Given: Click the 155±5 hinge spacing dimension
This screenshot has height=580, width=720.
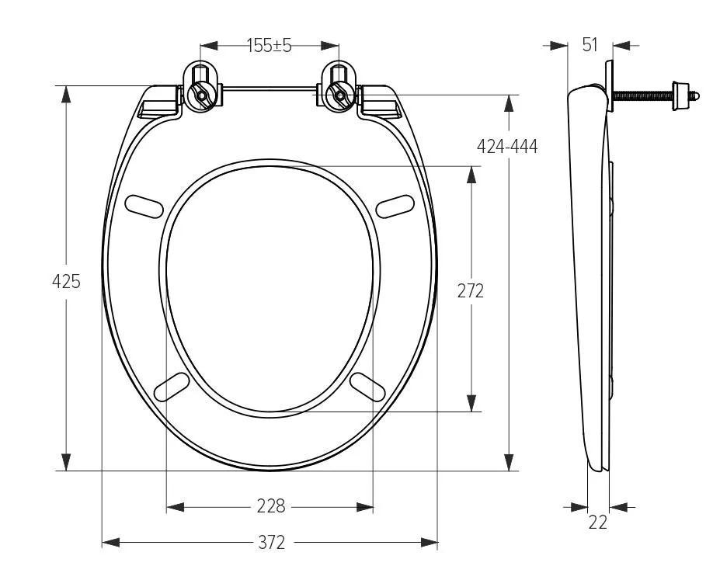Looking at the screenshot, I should click(x=270, y=46).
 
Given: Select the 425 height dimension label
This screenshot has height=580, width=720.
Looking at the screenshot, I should click(x=66, y=282).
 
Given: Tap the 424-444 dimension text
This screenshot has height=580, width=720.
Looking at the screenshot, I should click(x=507, y=147).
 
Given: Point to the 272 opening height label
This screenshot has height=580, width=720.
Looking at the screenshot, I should click(x=470, y=290).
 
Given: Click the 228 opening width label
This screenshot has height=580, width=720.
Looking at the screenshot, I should click(x=271, y=507).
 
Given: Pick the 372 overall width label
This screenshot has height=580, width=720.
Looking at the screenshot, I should click(x=271, y=542).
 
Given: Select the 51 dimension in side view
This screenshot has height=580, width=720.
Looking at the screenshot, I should click(x=590, y=45).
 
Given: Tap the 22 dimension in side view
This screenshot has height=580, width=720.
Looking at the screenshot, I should click(x=597, y=523).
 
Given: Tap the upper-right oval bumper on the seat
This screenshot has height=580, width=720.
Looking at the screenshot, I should click(x=395, y=205).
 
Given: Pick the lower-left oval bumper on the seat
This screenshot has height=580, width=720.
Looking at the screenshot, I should click(x=172, y=386).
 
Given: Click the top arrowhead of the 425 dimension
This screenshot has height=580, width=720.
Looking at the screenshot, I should click(x=66, y=95).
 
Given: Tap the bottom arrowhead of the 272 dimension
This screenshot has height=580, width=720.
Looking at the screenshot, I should click(x=471, y=403).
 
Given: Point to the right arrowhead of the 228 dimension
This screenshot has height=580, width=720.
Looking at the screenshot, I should click(x=364, y=507).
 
